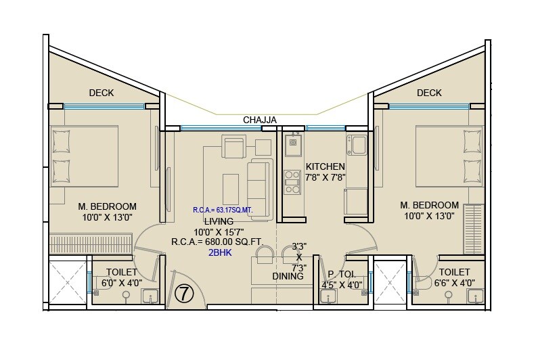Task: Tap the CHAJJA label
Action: [x=260, y=120]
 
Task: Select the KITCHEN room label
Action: [x=325, y=166]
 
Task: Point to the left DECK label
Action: [x=102, y=93]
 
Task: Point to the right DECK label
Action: [x=429, y=93]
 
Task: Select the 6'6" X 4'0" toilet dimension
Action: [x=454, y=284]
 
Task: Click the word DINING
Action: [x=288, y=276]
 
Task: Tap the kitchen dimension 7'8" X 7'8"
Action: [x=326, y=178]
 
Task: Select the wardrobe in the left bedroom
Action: [x=91, y=243]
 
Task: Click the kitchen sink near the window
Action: [x=293, y=142]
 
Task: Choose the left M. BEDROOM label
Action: [x=107, y=206]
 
